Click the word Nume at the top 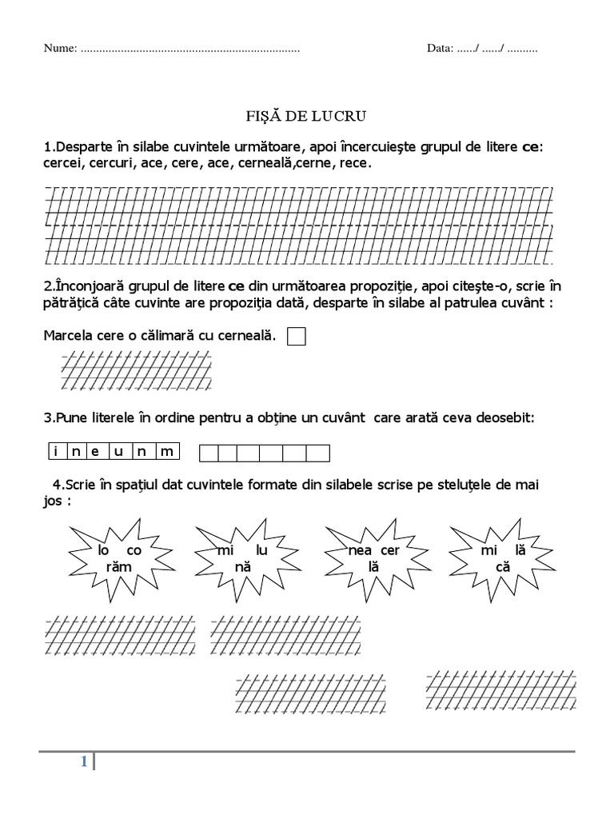(59, 48)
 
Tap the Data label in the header (439, 48)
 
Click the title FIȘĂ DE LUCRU (305, 117)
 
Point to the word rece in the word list (355, 162)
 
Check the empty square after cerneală (296, 337)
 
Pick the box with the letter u (120, 452)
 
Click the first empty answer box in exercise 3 (208, 453)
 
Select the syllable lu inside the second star (262, 551)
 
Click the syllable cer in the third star (389, 551)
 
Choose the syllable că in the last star (502, 565)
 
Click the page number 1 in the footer (83, 762)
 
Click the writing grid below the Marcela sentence (136, 372)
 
